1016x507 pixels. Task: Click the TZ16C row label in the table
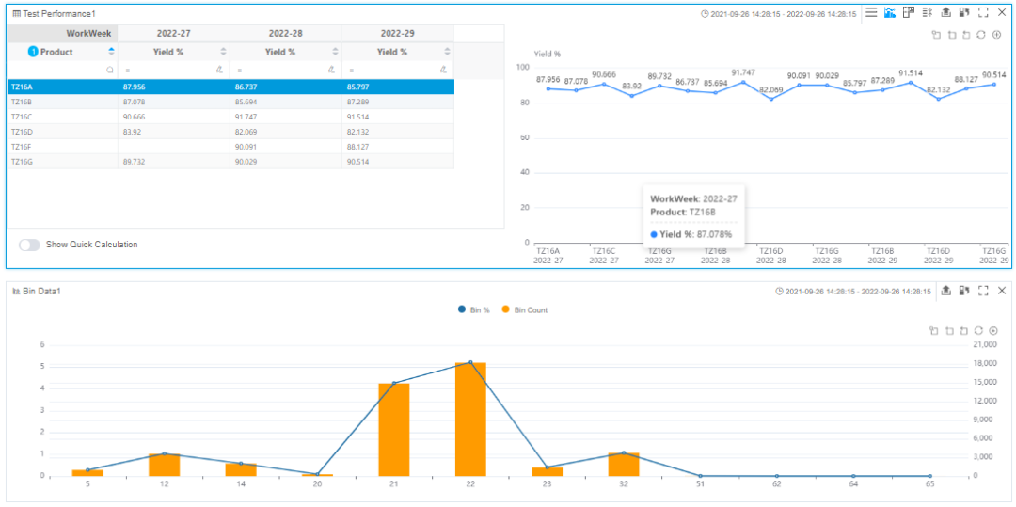point(21,117)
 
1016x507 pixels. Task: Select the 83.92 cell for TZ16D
point(133,132)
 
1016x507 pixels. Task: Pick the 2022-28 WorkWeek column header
point(286,33)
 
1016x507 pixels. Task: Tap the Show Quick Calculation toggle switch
point(30,245)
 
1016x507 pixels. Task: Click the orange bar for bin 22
point(470,419)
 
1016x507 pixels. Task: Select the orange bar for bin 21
point(394,429)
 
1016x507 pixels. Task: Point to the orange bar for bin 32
point(624,465)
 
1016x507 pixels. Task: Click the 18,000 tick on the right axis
point(987,363)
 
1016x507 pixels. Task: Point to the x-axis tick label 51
point(701,484)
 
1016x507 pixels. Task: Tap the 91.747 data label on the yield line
point(742,72)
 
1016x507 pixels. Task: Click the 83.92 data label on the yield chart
point(632,86)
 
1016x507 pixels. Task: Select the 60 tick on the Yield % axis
point(525,138)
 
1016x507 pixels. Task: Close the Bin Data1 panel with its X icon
point(1002,291)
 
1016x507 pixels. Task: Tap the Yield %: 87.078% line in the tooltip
point(691,234)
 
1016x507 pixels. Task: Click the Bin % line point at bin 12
point(164,453)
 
